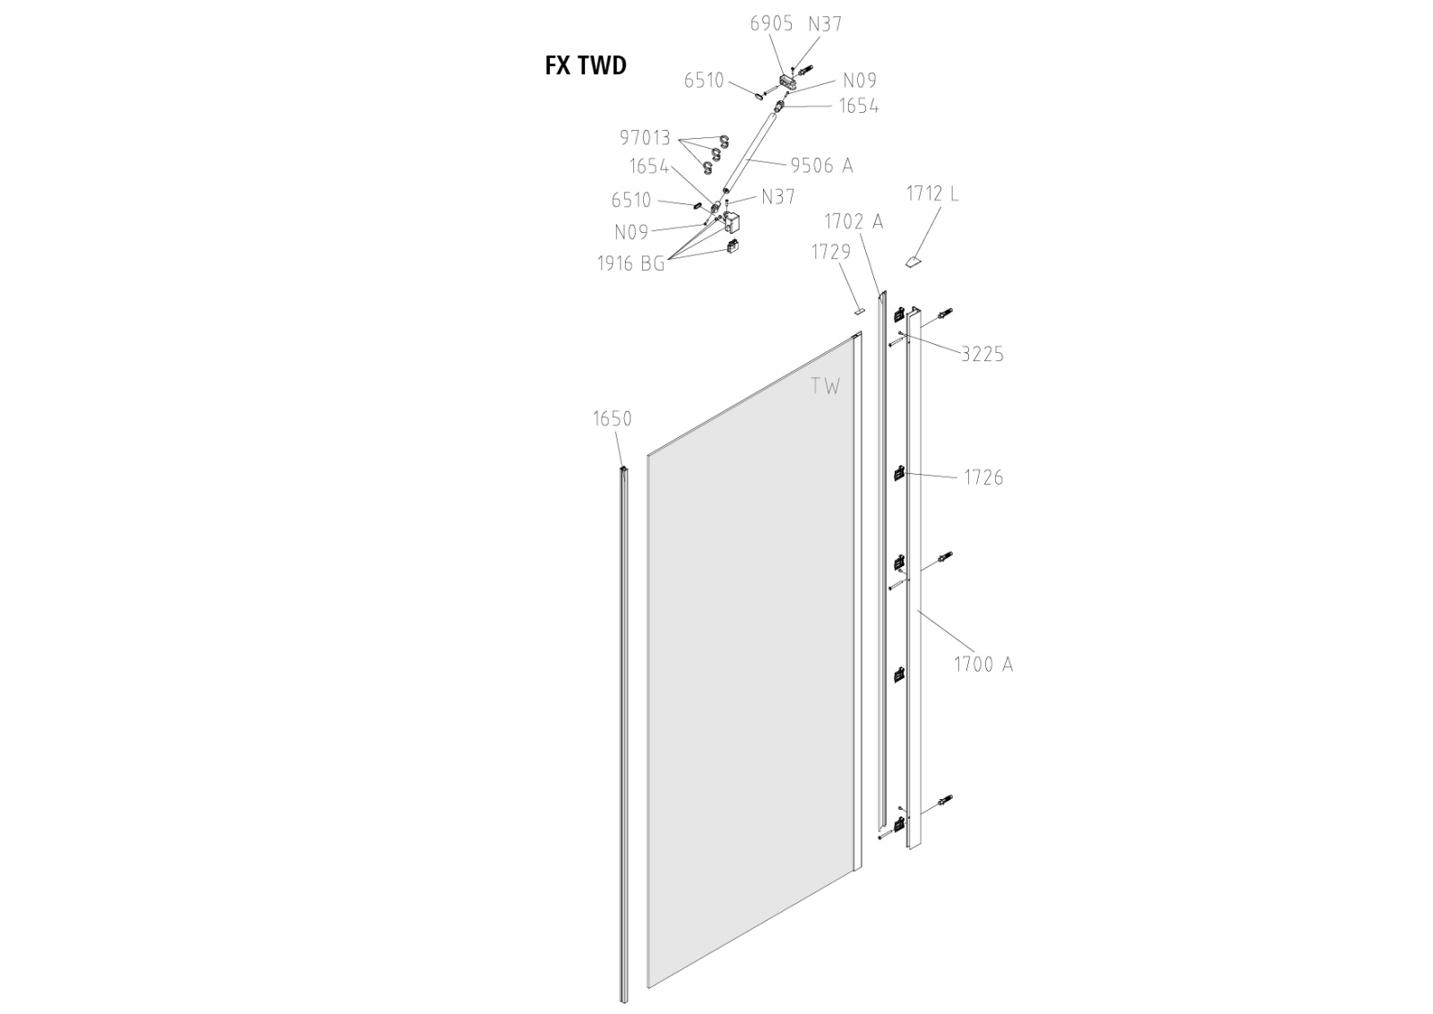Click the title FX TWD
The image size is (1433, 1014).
(586, 65)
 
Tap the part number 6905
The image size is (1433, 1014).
(771, 23)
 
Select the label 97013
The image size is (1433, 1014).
(645, 138)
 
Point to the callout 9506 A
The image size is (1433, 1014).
(821, 165)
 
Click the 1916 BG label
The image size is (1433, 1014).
(631, 263)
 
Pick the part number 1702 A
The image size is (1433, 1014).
(854, 221)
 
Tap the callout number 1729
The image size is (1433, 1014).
(831, 252)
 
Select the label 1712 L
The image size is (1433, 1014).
(932, 193)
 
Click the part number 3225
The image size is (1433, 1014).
(983, 354)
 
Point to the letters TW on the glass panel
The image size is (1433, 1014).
(826, 386)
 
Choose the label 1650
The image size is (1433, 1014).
(612, 418)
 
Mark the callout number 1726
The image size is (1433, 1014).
(983, 477)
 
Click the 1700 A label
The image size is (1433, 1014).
(983, 664)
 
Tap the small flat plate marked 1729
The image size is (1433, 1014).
(859, 311)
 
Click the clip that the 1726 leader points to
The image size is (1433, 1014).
(898, 474)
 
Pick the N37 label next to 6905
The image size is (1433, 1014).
(825, 23)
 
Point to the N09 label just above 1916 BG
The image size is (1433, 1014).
(631, 232)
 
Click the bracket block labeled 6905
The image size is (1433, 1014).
(788, 82)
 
